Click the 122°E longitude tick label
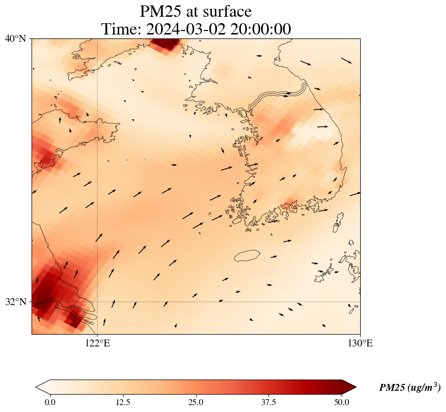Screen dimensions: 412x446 click(x=98, y=343)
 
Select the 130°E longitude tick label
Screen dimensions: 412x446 click(x=360, y=343)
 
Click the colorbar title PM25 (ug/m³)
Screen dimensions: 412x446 click(x=410, y=388)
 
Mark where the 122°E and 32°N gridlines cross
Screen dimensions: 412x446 click(x=98, y=302)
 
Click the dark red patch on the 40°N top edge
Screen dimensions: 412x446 click(x=166, y=43)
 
